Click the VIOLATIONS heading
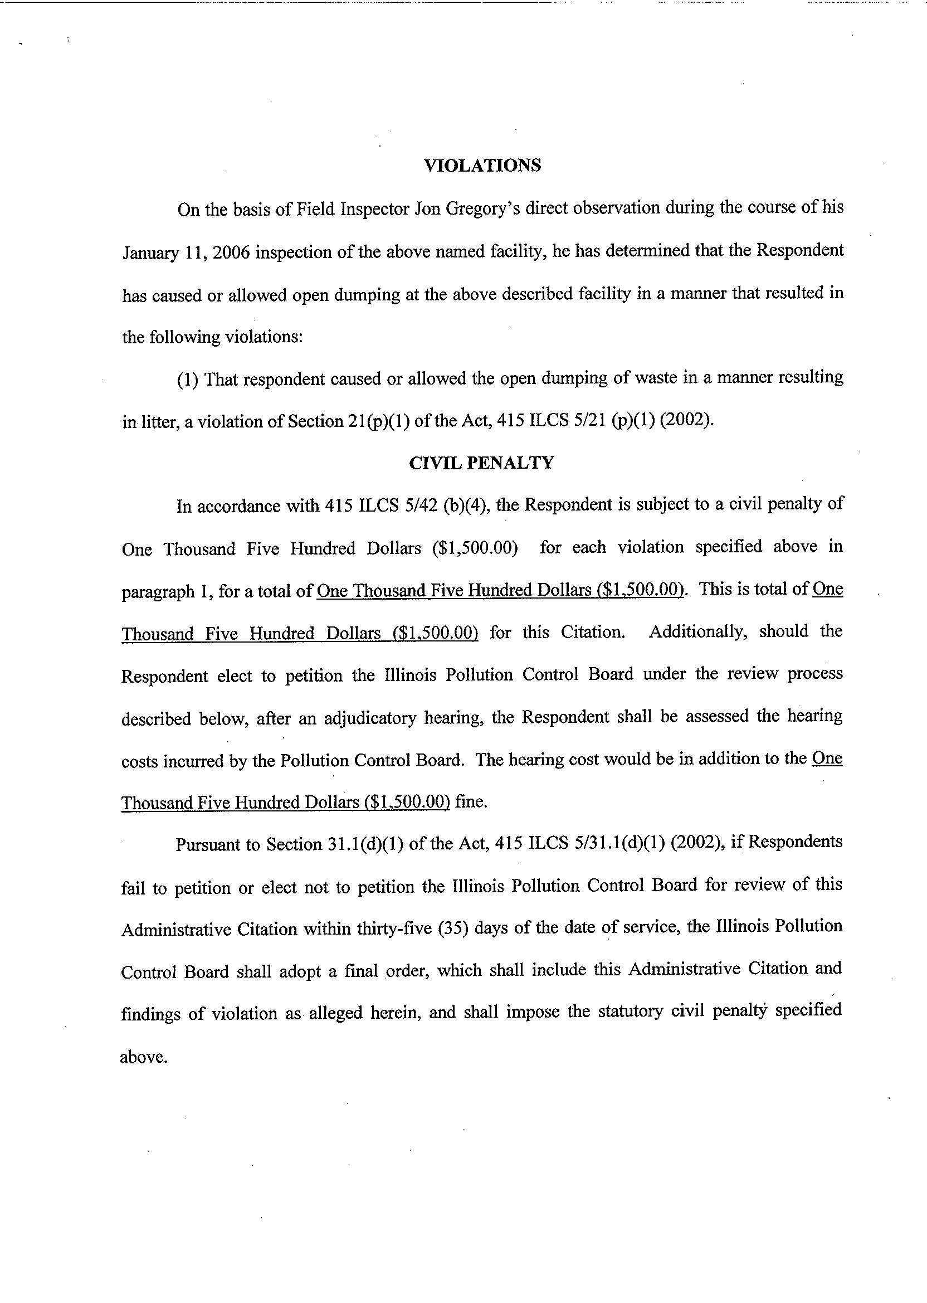[482, 166]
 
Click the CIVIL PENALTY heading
[481, 463]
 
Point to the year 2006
[231, 252]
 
